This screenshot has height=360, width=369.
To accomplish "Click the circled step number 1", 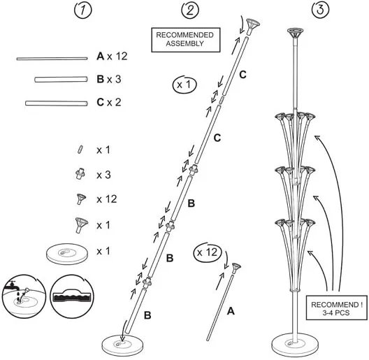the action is pos(83,10).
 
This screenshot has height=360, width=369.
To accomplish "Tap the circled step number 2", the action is pos(190,10).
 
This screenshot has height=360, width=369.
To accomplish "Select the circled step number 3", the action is pos(320,10).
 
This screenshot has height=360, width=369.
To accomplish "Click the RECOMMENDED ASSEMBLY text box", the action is pos(186,40).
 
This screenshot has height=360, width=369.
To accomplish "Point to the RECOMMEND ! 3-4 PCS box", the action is pos(337,308).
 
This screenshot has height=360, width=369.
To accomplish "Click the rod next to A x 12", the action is pos(52,59).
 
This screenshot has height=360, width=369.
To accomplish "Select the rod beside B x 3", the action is pos(61,80).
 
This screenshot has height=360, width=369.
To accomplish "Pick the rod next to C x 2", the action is pos(57,103).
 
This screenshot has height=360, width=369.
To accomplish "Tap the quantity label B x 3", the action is pos(109,79).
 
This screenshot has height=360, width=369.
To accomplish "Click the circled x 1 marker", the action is pos(184,85).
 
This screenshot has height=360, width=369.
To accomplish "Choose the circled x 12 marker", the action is pos(208,252).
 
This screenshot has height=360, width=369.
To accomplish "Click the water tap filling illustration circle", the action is pos(24,296).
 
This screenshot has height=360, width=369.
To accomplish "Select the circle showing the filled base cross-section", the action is pos(72,296).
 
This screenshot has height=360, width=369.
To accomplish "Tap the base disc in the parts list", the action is pos(67,254).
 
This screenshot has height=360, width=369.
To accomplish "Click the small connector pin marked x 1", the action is pos(80,150).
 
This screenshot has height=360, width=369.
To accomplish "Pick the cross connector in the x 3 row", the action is pos(80,174).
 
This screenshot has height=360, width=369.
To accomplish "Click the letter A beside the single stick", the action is pos(231,311).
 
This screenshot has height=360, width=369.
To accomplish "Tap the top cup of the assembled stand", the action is pos(295,32).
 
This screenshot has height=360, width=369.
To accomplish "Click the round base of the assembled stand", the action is pos(295,343).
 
